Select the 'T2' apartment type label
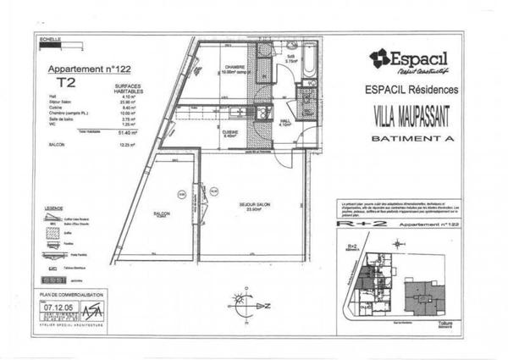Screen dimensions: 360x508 (63, 83)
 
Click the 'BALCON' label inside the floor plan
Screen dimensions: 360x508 (163, 214)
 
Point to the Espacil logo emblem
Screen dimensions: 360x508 (378, 58)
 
